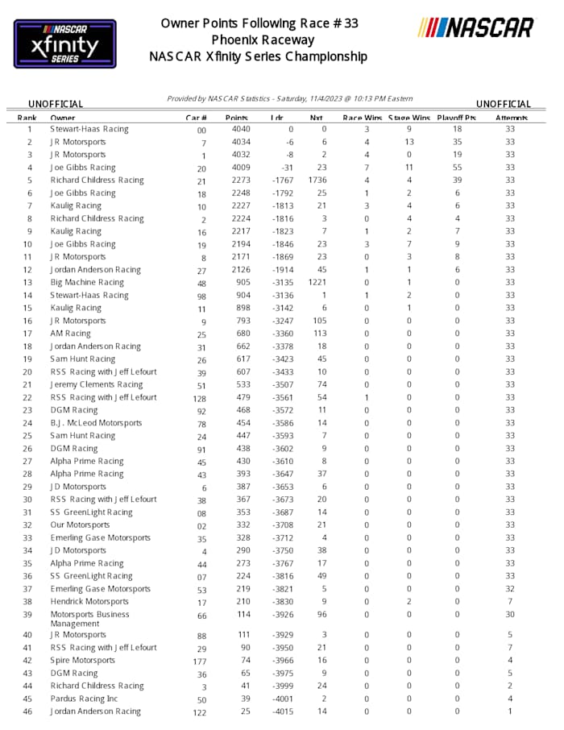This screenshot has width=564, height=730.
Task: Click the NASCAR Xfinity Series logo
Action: [x=65, y=44]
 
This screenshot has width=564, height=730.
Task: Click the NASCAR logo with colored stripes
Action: [x=475, y=28]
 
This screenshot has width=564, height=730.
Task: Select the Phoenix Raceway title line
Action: [x=263, y=39]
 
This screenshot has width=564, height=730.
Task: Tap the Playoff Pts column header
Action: [x=456, y=118]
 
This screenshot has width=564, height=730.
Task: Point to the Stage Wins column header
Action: [x=409, y=118]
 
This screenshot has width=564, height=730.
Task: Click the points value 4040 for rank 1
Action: [x=240, y=130]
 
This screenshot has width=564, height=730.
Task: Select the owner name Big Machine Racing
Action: [x=87, y=283]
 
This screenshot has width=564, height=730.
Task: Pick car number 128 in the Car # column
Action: [x=201, y=398]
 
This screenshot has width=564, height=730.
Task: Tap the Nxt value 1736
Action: [x=317, y=180]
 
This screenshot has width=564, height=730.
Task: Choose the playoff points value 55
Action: [x=457, y=168]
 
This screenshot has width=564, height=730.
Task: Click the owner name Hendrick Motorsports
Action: [x=89, y=602]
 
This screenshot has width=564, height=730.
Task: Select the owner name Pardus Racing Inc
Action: [x=84, y=699]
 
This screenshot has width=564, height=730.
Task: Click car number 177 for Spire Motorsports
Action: [x=201, y=661]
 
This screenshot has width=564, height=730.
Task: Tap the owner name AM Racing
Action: [x=70, y=334]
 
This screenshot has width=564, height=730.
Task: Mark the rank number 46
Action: [x=29, y=711]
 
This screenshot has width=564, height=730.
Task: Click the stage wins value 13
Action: [x=408, y=143]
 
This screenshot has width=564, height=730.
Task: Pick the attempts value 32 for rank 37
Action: [x=510, y=589]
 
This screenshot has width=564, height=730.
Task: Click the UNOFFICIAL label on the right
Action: [x=504, y=104]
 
